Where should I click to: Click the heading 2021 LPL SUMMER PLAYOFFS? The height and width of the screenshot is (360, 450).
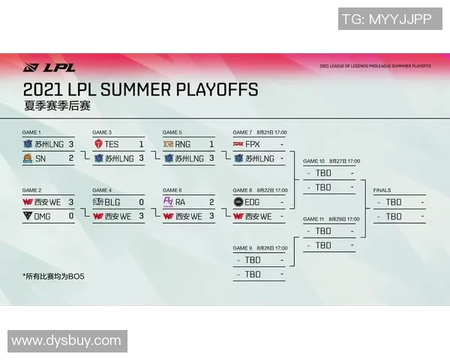[141, 90]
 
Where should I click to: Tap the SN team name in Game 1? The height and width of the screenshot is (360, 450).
[40, 158]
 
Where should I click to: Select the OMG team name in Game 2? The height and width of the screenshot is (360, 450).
[43, 216]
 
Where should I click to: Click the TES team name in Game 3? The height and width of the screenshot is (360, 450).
[112, 143]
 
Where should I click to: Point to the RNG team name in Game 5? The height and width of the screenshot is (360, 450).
[183, 143]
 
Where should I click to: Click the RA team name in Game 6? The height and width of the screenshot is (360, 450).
[181, 202]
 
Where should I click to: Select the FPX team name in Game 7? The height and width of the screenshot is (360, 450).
[253, 143]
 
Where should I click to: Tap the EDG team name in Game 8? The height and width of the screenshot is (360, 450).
[253, 202]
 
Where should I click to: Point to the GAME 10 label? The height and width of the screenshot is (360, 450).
[314, 160]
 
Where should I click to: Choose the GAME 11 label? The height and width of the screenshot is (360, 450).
[314, 219]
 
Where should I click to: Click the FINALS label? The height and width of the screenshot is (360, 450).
[382, 190]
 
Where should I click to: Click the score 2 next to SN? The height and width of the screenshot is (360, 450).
[71, 158]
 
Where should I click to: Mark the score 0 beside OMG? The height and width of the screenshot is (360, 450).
[71, 216]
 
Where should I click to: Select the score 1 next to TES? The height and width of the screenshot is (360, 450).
[141, 143]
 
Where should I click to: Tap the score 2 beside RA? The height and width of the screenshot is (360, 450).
[211, 202]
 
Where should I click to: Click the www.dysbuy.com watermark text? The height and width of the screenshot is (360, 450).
[66, 341]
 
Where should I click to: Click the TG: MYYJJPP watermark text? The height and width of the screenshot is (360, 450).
[386, 19]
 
